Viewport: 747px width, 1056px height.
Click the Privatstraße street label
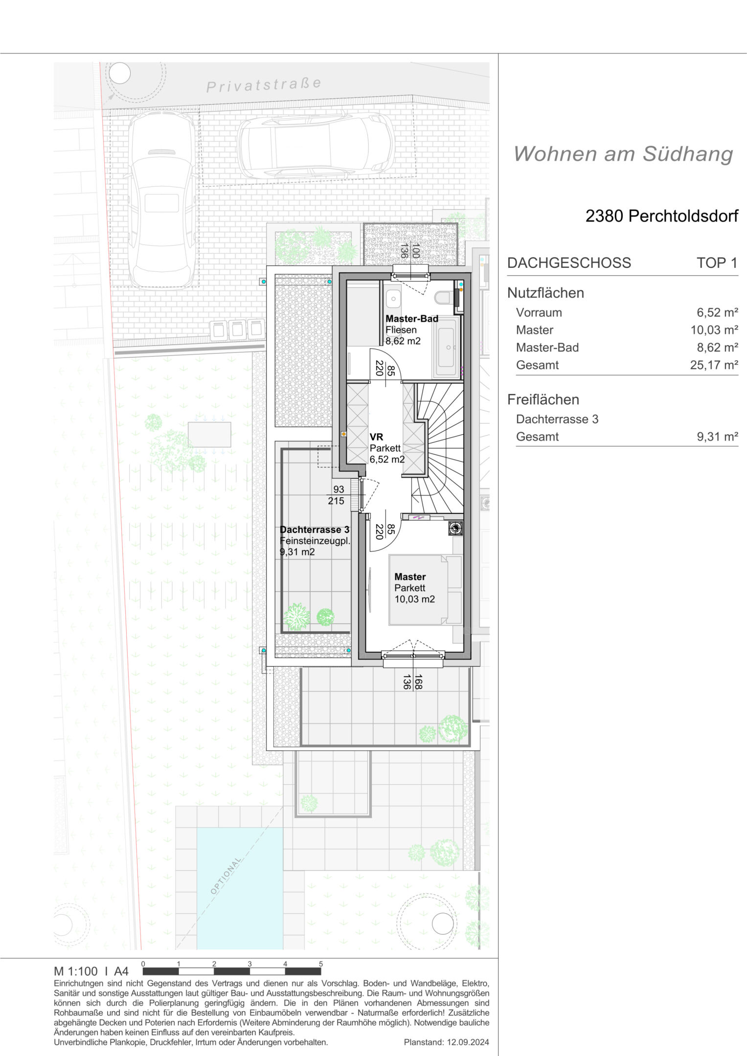(x=264, y=85)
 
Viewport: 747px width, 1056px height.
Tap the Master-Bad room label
(x=412, y=319)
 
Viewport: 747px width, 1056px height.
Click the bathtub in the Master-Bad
(x=446, y=347)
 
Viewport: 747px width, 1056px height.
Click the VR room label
(x=376, y=437)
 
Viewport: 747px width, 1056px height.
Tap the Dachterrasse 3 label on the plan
(x=315, y=529)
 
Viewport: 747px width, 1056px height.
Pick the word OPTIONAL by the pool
(x=226, y=876)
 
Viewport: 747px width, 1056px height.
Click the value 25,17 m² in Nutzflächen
(x=714, y=365)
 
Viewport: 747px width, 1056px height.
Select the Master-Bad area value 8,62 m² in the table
(x=717, y=347)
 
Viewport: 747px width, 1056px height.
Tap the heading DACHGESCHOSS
(x=569, y=263)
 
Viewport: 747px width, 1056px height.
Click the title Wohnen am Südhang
(x=623, y=154)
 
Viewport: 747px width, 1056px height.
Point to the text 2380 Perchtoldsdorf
(x=662, y=216)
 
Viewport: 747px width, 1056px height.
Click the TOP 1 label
(x=717, y=263)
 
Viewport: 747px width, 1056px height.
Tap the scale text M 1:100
(x=76, y=971)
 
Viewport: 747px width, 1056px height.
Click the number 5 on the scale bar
(x=321, y=964)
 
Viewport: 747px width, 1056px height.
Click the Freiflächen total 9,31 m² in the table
(x=717, y=437)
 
